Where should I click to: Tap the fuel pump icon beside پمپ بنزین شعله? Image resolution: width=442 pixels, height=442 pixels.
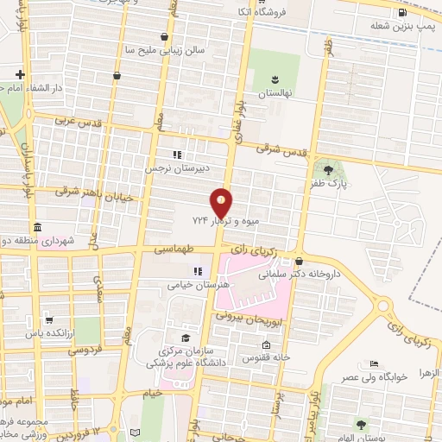point(401,12)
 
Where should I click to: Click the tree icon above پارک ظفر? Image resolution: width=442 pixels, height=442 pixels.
point(327,167)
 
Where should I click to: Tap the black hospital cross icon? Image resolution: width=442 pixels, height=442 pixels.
point(20,74)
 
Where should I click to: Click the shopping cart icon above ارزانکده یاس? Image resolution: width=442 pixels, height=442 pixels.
point(48,319)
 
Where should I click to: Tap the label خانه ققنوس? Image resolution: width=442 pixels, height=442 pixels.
point(262,357)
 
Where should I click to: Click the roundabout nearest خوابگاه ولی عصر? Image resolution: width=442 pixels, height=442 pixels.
point(381,306)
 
